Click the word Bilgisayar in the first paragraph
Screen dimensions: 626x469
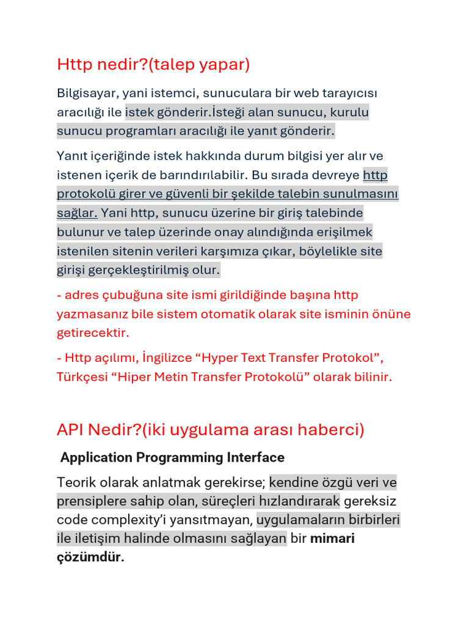pos(87,94)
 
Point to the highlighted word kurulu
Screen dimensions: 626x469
pos(349,112)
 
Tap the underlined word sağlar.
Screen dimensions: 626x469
pos(77,213)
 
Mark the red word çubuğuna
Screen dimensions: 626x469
pos(134,295)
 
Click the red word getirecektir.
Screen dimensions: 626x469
pos(93,333)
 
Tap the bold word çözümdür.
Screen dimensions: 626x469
pos(90,558)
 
